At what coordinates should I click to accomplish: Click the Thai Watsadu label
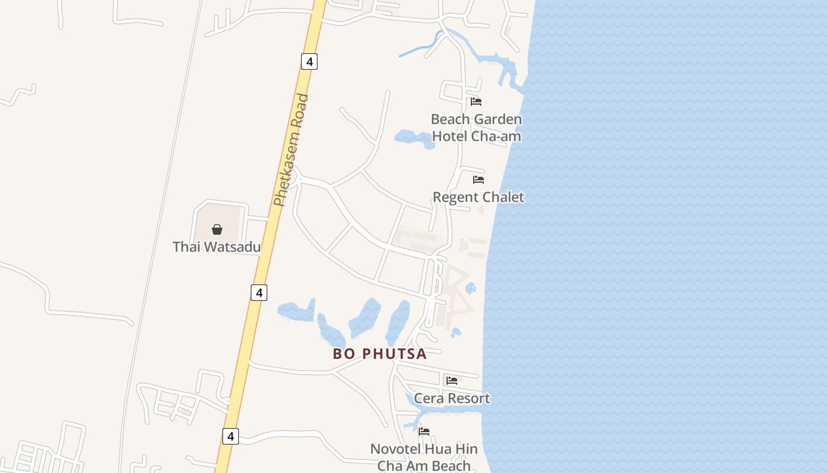click(x=216, y=247)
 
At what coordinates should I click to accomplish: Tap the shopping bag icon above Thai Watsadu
click(x=217, y=229)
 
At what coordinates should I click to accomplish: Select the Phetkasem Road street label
click(x=292, y=151)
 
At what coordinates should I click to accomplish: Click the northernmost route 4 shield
click(x=309, y=61)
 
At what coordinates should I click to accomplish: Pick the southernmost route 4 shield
click(x=231, y=436)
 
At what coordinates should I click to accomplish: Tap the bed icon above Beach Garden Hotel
click(x=476, y=102)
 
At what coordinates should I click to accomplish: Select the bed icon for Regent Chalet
click(x=478, y=180)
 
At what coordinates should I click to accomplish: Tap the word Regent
click(x=456, y=197)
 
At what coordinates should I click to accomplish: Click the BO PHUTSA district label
click(x=380, y=354)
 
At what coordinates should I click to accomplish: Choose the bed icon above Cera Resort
click(x=452, y=381)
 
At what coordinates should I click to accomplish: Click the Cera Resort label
click(x=452, y=398)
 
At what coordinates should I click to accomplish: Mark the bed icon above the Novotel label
click(x=424, y=432)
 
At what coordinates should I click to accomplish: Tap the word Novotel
click(x=394, y=449)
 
